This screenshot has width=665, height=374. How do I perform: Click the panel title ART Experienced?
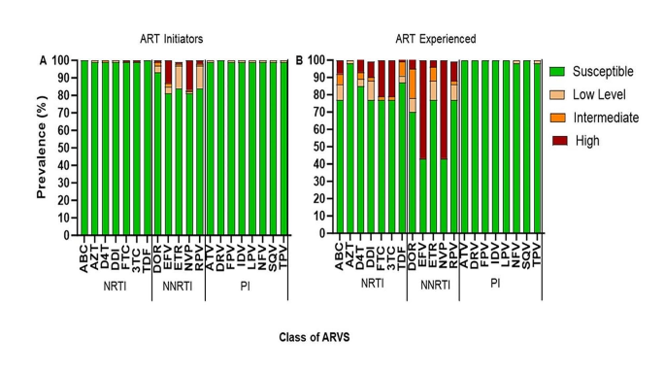(436, 39)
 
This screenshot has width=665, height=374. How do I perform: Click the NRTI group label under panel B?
(371, 283)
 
